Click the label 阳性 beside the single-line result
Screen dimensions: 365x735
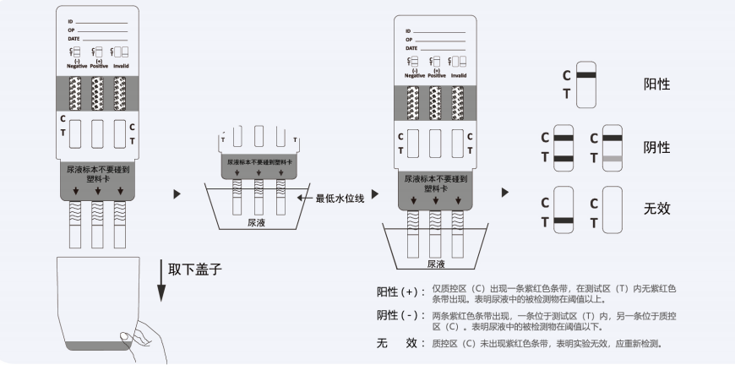pos(657,84)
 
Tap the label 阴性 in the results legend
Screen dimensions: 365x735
pos(657,147)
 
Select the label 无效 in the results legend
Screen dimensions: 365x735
pos(657,208)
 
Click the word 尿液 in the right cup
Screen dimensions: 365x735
pos(436,264)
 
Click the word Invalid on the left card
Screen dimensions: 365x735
pos(121,64)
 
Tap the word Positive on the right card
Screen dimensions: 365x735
pos(437,75)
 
